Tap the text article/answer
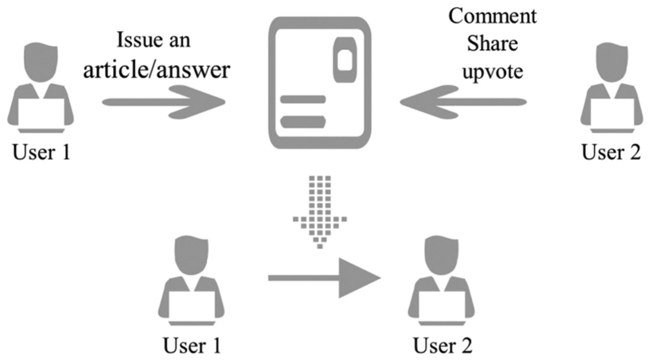(157, 69)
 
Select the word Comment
(492, 16)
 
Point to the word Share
(492, 44)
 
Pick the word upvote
(492, 71)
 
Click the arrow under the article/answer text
(164, 102)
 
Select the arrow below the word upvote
(463, 102)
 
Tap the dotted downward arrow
(320, 212)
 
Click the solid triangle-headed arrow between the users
(324, 278)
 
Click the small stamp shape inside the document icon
(345, 60)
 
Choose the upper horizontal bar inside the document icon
(303, 100)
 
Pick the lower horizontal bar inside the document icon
(303, 122)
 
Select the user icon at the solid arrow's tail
(191, 281)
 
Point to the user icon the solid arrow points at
(442, 281)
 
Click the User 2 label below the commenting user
(611, 152)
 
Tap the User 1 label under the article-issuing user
(41, 152)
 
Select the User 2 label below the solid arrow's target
(443, 345)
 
